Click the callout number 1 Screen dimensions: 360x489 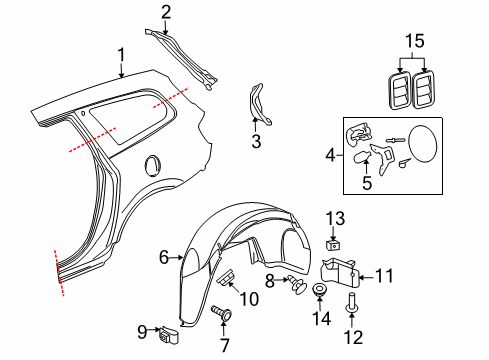[121, 54]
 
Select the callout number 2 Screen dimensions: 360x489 [166, 12]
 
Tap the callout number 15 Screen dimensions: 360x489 [414, 41]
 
